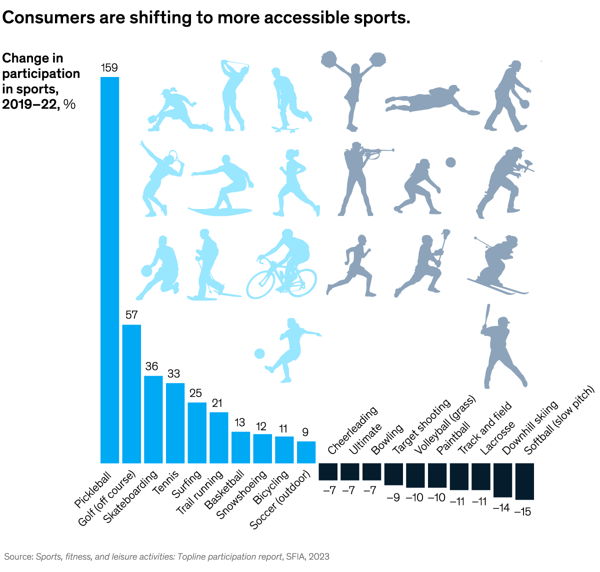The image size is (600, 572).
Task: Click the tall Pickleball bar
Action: (110, 270)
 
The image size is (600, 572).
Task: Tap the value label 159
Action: (109, 67)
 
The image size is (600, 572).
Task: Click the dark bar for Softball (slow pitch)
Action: (524, 481)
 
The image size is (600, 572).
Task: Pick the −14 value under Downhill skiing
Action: (501, 507)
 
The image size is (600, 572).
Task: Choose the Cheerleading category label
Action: (352, 430)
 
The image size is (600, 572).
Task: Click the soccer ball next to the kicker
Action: (259, 353)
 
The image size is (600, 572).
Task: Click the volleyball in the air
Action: (450, 162)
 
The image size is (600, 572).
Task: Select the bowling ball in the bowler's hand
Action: (524, 104)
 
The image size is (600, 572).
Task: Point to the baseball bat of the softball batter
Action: (486, 315)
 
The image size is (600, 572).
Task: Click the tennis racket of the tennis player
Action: (173, 158)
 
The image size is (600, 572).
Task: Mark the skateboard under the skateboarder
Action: (285, 129)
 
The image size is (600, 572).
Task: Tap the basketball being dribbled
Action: (146, 271)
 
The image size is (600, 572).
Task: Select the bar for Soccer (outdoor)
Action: (306, 452)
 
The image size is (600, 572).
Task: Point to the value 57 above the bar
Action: (131, 315)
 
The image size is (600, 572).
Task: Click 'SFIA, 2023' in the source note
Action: (308, 556)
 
